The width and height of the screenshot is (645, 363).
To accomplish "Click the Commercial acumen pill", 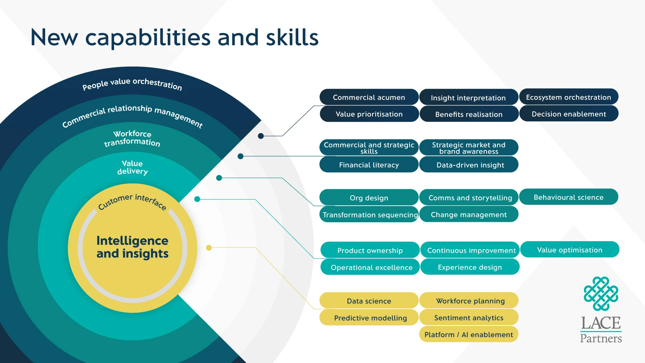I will point(369,97).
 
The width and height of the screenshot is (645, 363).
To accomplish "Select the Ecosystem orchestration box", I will point(568,97).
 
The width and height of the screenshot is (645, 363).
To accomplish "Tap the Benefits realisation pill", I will point(469,114).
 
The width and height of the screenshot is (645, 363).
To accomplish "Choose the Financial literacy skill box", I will point(369,165).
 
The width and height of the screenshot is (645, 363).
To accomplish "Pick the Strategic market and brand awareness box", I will point(469,148).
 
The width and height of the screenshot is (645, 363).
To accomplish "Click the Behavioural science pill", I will point(568,197).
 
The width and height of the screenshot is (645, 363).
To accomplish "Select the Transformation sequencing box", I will point(369,215).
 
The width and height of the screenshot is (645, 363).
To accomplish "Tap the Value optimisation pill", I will point(570,250).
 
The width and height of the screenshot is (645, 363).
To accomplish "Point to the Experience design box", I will point(470,267).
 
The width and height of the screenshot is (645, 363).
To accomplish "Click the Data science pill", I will point(369,301).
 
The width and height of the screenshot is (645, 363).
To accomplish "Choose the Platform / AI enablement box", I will point(468,334).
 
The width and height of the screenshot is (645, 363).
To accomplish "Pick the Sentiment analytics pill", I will point(468,317).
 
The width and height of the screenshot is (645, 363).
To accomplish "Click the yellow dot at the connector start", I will point(209,248).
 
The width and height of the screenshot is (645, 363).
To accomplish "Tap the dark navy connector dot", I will point(261,136).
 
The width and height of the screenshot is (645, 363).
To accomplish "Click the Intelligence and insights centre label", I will point(132,247).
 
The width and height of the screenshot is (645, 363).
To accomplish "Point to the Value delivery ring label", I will point(132,167).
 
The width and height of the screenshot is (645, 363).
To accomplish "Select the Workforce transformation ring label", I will point(132,138).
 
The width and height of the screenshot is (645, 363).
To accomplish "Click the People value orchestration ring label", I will point(132,84).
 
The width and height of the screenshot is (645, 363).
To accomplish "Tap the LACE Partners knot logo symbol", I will point(601,294).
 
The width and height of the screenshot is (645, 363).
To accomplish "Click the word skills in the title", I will point(292,38).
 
